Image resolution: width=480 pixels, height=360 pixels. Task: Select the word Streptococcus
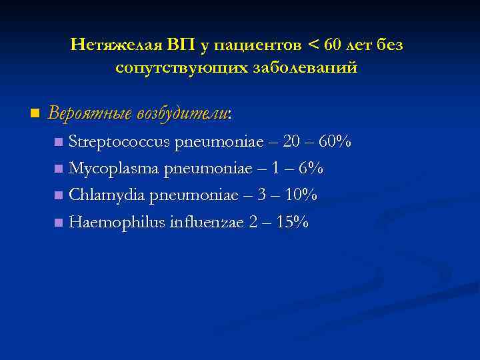[x=119, y=142]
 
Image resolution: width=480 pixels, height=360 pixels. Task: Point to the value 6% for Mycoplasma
[x=311, y=169]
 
